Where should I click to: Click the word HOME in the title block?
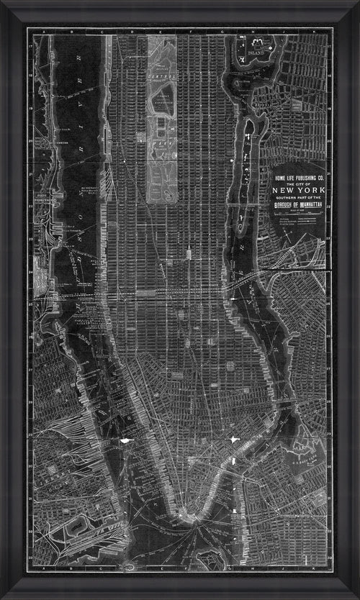pos(278,178)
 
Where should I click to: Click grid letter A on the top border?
pos(44,32)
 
